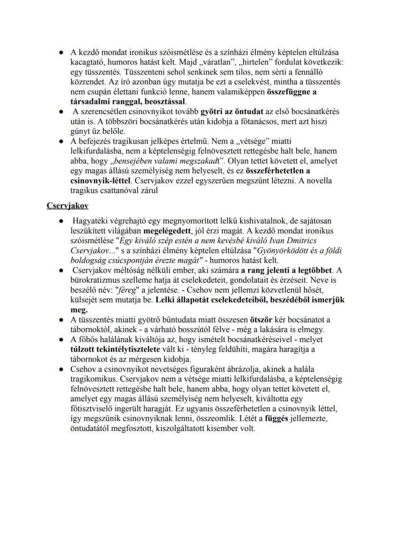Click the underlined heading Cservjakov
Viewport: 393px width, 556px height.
[67, 206]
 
